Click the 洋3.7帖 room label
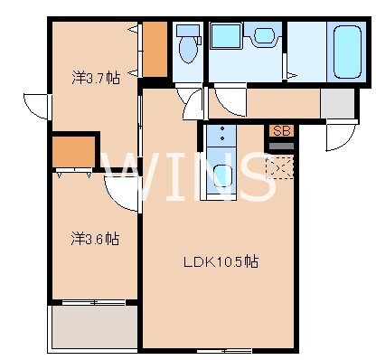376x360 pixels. [94, 79]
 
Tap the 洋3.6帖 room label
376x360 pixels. [95, 240]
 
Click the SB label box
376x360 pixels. [280, 130]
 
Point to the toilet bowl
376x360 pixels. [188, 48]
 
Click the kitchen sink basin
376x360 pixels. [220, 178]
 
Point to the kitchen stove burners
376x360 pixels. [220, 137]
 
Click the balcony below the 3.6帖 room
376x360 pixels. [94, 327]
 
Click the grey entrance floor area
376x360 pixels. [338, 104]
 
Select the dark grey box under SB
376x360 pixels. [280, 144]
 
